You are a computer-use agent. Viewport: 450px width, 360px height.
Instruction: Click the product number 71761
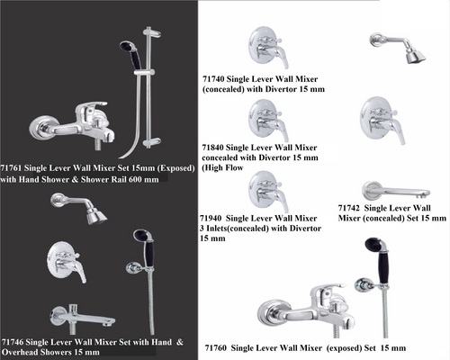pyautogui.click(x=11, y=168)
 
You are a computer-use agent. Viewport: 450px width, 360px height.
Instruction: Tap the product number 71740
pyautogui.click(x=213, y=79)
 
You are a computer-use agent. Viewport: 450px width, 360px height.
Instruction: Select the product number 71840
pyautogui.click(x=212, y=148)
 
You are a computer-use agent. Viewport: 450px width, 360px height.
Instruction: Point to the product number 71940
pyautogui.click(x=211, y=219)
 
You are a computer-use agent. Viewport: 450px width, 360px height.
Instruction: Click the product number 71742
pyautogui.click(x=349, y=208)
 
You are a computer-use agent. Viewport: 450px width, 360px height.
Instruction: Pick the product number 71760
pyautogui.click(x=216, y=348)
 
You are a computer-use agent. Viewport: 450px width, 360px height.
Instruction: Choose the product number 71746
pyautogui.click(x=13, y=342)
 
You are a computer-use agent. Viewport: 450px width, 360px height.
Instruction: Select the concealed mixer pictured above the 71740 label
pyautogui.click(x=267, y=48)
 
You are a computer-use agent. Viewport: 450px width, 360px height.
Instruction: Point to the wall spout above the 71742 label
pyautogui.click(x=395, y=192)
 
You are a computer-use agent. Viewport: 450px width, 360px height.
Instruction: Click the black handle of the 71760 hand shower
pyautogui.click(x=383, y=268)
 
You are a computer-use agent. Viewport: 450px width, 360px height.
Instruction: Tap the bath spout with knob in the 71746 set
pyautogui.click(x=82, y=319)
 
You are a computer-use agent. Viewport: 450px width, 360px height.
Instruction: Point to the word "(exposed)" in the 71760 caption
pyautogui.click(x=344, y=348)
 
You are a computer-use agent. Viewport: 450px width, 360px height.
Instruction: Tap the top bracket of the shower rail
pyautogui.click(x=151, y=31)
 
